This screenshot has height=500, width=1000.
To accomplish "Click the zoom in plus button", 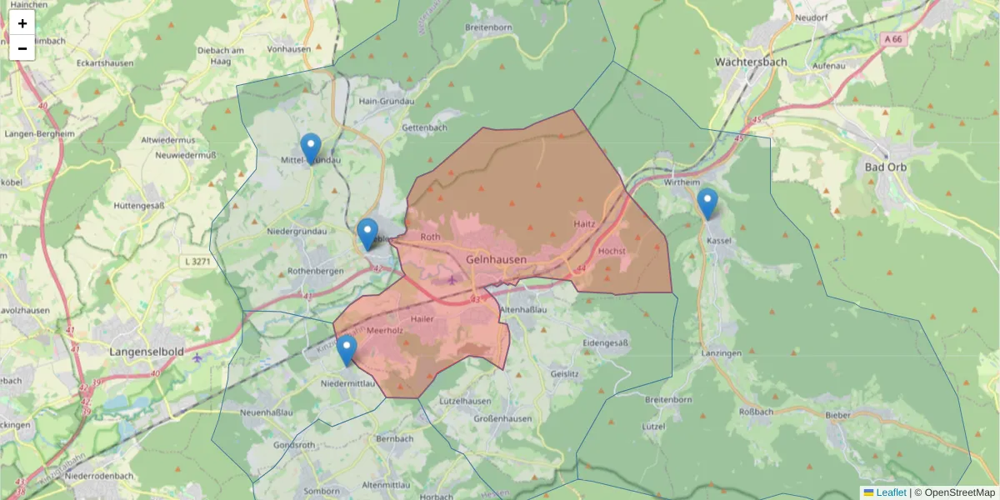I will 22,23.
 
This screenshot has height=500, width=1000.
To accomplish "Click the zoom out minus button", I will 22,48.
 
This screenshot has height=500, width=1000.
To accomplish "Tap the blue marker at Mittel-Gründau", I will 311,148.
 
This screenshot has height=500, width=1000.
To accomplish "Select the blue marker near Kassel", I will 707,203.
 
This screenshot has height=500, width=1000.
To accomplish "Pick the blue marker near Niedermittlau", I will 347,350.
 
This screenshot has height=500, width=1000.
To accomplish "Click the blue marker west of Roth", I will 367,233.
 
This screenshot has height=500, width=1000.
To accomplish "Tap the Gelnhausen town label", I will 496,259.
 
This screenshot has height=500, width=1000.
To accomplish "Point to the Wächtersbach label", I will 752,62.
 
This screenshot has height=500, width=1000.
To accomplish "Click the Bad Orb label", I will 886,167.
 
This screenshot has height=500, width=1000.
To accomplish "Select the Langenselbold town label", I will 147,352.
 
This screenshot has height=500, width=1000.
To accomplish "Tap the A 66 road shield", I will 893,39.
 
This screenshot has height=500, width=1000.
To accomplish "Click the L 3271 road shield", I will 196,262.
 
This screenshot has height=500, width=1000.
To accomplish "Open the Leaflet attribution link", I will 891,492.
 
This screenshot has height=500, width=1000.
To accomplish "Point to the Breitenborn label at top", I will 488,27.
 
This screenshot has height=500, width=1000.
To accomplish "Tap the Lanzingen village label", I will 722,353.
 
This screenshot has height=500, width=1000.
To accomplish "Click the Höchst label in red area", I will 612,251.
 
